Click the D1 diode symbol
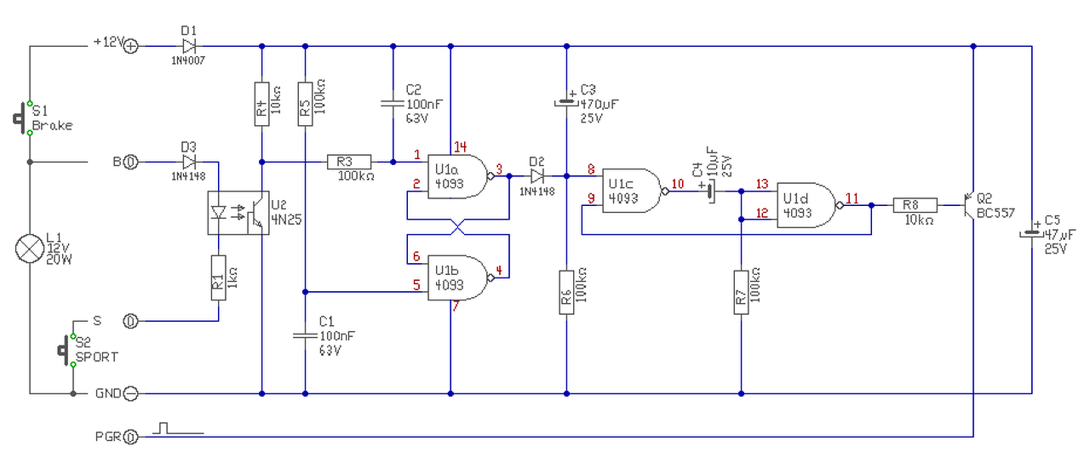pyautogui.click(x=189, y=46)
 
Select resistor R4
pyautogui.click(x=261, y=104)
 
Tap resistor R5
pyautogui.click(x=305, y=104)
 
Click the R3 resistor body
pyautogui.click(x=349, y=162)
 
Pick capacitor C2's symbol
pyautogui.click(x=393, y=104)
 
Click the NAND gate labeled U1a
pyautogui.click(x=458, y=176)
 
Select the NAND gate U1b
pyautogui.click(x=458, y=278)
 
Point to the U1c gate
pyautogui.click(x=633, y=191)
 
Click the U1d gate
pyautogui.click(x=808, y=205)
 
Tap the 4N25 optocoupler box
pyautogui.click(x=238, y=213)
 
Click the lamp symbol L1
pyautogui.click(x=30, y=249)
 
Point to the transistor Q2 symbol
pyautogui.click(x=969, y=205)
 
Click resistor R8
pyautogui.click(x=915, y=205)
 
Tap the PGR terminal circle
pyautogui.click(x=130, y=438)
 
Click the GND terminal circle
pyautogui.click(x=130, y=393)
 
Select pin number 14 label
pyautogui.click(x=461, y=146)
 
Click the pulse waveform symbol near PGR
pyautogui.click(x=178, y=428)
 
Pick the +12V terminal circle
pyautogui.click(x=130, y=46)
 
